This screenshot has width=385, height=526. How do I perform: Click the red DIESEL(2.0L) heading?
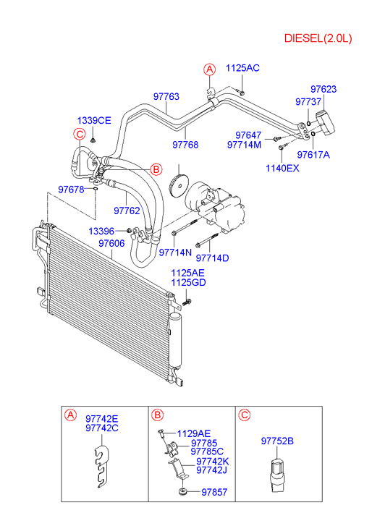tap(318, 38)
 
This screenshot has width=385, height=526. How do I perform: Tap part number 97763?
tap(166, 97)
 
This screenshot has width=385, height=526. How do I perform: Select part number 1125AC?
tap(242, 68)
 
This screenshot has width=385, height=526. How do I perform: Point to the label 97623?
tap(323, 89)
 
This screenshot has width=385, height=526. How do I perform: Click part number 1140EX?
tap(282, 168)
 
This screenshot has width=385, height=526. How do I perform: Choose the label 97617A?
tap(313, 155)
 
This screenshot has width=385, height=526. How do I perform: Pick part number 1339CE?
tap(94, 120)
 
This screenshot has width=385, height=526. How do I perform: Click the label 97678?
tap(71, 190)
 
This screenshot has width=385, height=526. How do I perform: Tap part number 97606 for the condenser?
tap(111, 243)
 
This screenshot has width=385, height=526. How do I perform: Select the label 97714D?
tap(212, 258)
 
